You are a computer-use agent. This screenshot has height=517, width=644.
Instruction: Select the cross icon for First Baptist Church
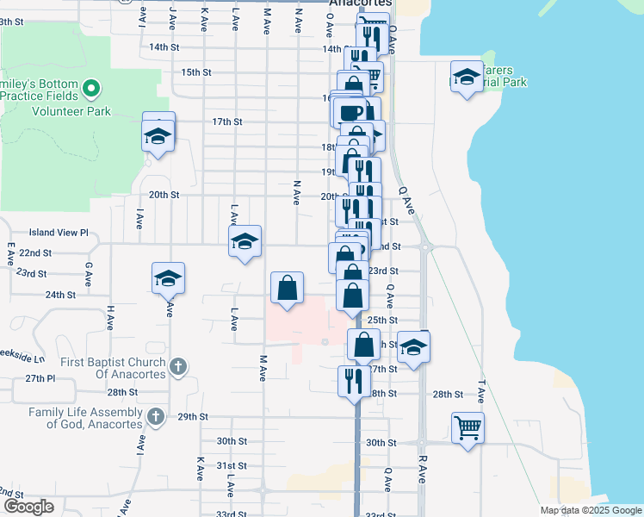coord(178,366)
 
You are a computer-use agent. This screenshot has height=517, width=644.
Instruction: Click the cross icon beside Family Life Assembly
coord(156,418)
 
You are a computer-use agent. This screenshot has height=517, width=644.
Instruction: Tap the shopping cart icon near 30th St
coord(468,427)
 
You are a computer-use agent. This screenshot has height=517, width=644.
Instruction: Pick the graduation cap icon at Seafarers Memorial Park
coord(466,78)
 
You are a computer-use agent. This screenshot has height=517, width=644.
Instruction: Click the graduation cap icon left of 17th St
coord(158,134)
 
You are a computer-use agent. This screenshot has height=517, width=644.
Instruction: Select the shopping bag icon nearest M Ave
coord(287,288)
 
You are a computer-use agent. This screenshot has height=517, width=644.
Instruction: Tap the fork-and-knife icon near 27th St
coord(354,380)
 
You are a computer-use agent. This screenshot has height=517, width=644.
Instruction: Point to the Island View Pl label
coord(59,233)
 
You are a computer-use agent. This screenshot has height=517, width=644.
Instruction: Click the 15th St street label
coord(196,72)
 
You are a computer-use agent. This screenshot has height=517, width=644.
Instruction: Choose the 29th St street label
coord(193,417)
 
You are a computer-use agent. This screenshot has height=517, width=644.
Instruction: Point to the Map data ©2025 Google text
coord(590,510)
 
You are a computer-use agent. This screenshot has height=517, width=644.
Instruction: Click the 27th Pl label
coord(40,379)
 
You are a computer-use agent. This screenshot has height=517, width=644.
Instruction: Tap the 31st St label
coord(232,465)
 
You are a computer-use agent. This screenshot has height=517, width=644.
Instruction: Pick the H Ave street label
coord(110,317)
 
